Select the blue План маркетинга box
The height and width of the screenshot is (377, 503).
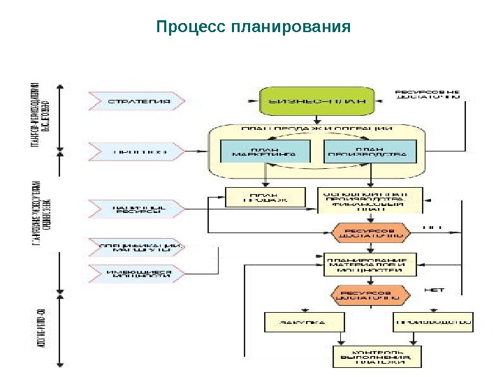[265, 152]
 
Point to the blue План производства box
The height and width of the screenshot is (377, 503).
[370, 152]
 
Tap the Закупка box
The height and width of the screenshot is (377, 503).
[305, 323]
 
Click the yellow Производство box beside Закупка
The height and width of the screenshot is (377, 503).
[433, 323]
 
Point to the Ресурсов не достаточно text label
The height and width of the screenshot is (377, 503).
[428, 95]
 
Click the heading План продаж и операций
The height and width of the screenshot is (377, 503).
[316, 129]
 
